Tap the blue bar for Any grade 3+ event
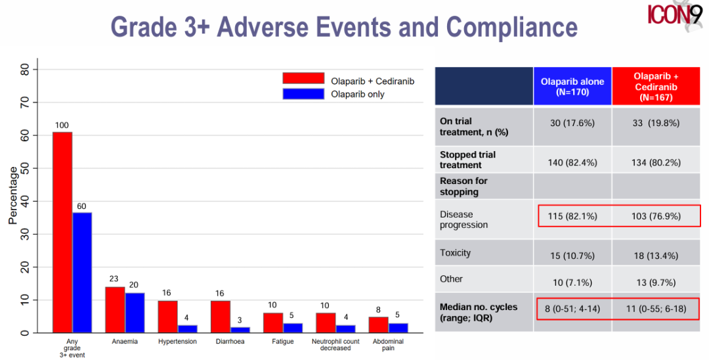click(x=82, y=272)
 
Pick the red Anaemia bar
click(x=115, y=309)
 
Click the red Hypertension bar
click(x=167, y=317)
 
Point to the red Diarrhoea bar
click(x=220, y=317)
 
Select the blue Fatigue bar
click(x=293, y=328)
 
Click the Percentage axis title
click(x=13, y=196)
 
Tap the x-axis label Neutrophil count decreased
click(x=335, y=345)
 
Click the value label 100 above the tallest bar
click(x=62, y=125)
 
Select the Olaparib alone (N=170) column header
click(x=572, y=87)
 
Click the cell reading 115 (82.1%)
click(x=572, y=216)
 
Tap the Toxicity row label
click(x=456, y=253)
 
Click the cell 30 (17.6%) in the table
click(x=572, y=123)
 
